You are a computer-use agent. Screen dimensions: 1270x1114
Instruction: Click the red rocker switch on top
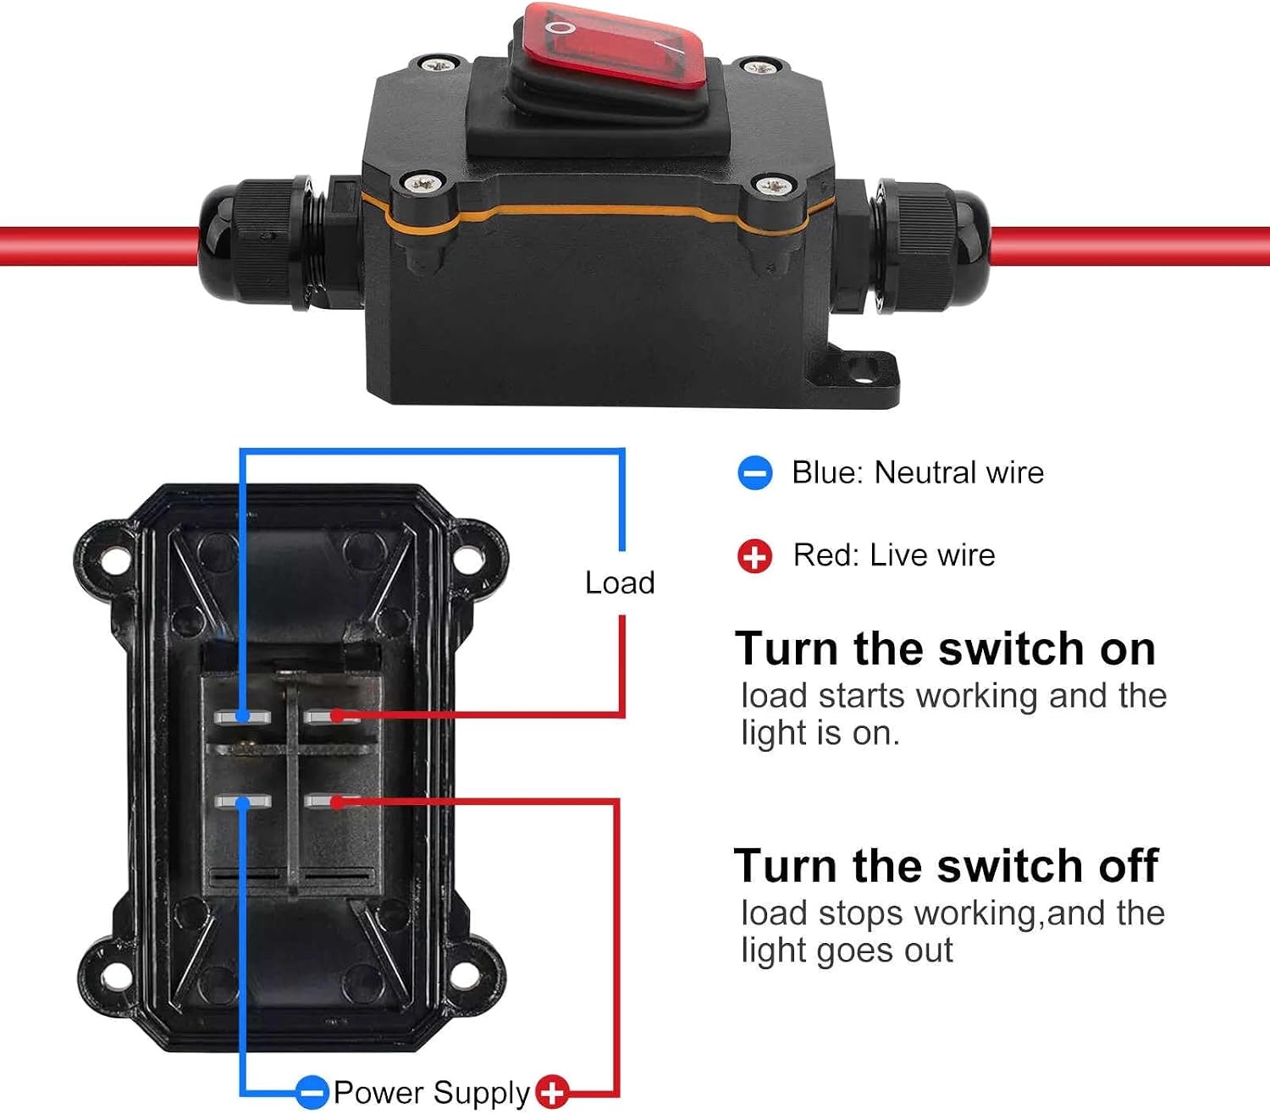tap(607, 53)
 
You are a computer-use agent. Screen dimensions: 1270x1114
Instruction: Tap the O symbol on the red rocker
tap(560, 28)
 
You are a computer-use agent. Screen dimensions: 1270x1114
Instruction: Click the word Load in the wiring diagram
tap(620, 582)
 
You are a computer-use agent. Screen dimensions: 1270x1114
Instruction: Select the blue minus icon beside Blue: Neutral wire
tap(754, 472)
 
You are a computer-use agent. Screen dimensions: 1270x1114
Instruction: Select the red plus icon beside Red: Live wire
tap(754, 555)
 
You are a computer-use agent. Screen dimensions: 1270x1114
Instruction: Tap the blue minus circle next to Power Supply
tap(312, 1092)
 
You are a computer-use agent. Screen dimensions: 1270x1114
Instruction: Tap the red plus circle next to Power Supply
tap(552, 1091)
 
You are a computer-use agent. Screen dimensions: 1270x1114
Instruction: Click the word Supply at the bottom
tap(482, 1094)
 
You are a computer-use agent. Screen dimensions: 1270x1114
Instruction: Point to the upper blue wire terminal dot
tap(243, 716)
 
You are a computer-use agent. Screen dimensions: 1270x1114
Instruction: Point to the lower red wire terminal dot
tap(337, 802)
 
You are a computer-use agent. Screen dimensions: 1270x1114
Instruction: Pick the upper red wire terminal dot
tap(337, 715)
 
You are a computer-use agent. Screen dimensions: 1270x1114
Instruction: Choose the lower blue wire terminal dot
tap(243, 802)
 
